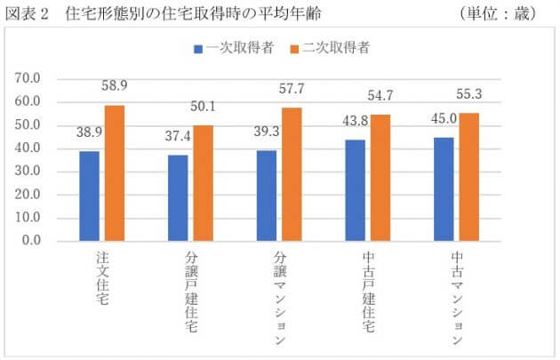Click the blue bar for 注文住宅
[89, 196]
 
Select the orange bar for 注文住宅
[115, 172]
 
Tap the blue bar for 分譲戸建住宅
[178, 197]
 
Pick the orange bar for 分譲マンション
[292, 174]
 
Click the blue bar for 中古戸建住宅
[356, 189]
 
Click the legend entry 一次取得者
[232, 47]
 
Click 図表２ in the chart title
[28, 14]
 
